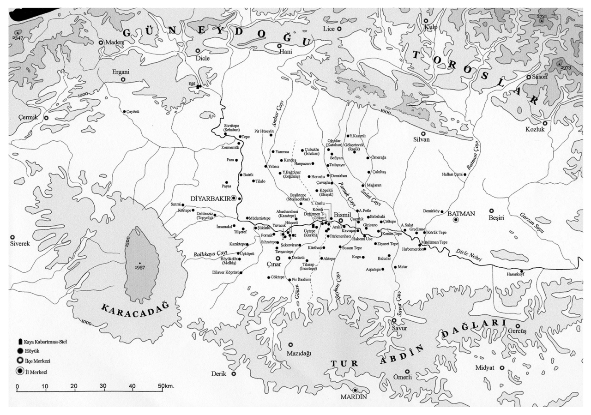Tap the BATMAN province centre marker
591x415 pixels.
click(456, 221)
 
